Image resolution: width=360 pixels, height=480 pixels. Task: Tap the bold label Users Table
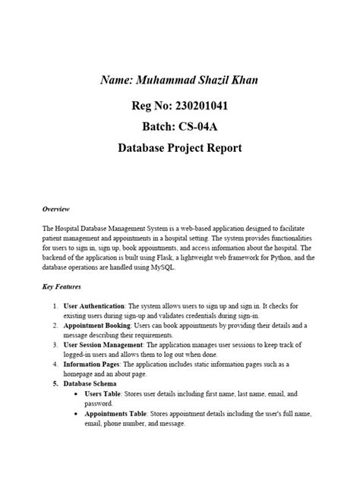(106, 394)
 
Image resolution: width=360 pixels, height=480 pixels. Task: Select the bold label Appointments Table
(117, 414)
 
